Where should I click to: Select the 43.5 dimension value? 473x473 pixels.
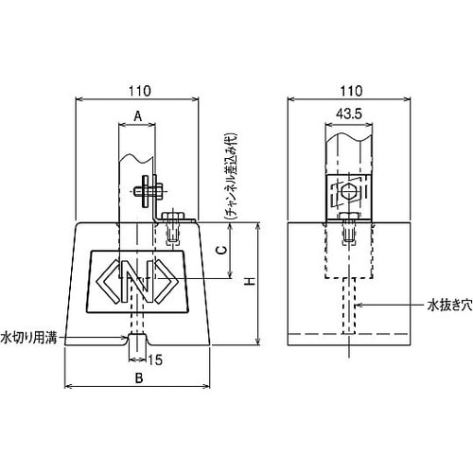point(348,114)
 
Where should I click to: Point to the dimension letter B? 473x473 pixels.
point(139,378)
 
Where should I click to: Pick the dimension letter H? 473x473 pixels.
point(249,282)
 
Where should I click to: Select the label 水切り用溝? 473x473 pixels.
point(30,337)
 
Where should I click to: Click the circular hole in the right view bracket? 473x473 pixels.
point(349,193)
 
